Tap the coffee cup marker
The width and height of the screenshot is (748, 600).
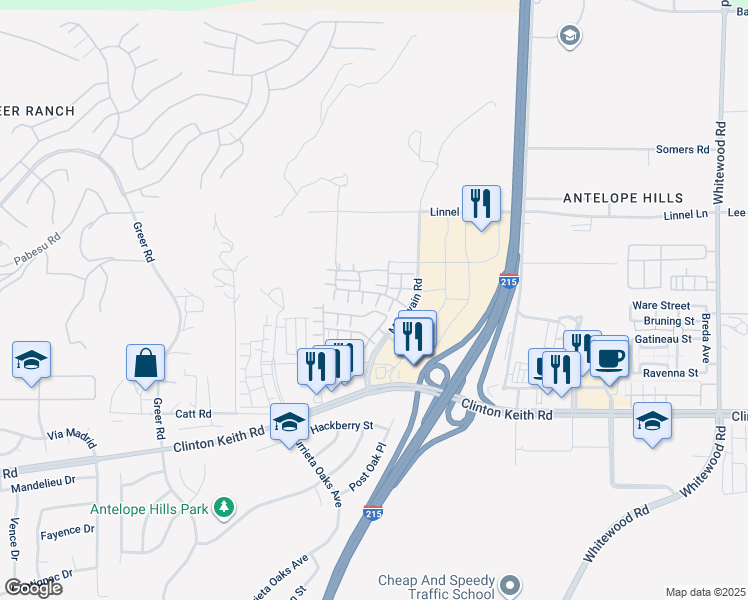609,357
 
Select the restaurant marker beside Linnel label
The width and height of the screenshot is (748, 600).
481,204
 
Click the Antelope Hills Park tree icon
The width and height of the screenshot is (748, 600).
224,509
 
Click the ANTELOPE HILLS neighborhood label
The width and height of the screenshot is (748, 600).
623,198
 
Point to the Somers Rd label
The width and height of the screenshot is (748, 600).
682,150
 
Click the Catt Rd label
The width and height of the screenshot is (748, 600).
193,413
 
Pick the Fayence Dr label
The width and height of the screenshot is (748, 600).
68,532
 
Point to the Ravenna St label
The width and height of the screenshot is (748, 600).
670,373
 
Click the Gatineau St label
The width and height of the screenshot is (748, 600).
665,340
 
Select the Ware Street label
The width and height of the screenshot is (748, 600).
661,305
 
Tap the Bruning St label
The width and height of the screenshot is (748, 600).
669,322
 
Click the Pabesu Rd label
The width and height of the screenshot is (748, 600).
38,250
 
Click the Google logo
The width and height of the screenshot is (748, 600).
33,588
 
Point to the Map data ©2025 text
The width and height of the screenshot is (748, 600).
705,592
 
